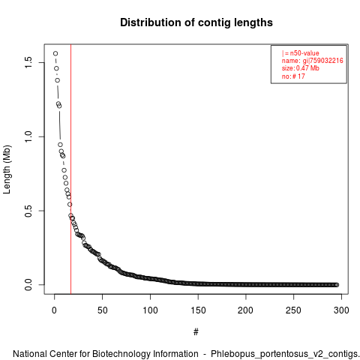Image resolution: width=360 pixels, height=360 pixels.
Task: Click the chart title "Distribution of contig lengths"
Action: coord(196,22)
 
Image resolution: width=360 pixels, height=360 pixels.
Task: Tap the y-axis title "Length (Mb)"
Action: coord(7,169)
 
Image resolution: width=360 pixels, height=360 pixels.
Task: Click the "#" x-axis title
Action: coord(196,332)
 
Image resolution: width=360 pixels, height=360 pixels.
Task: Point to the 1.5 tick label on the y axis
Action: coord(28,62)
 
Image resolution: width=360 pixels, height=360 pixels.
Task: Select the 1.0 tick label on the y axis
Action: coord(28,136)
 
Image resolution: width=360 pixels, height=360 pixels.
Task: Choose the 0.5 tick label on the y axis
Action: coord(28,211)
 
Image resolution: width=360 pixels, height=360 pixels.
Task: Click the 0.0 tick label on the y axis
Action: coord(28,284)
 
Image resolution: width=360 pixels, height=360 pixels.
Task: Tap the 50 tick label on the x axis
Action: coord(102,310)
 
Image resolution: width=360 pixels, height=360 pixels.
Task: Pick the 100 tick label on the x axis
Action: coord(150,310)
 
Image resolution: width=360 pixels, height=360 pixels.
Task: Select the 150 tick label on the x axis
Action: coord(198,310)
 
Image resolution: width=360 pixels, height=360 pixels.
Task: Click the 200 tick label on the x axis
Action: coord(246,310)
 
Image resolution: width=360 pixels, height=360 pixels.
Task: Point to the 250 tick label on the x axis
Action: coord(293,310)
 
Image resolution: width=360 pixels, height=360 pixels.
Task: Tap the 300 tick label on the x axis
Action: coord(341,310)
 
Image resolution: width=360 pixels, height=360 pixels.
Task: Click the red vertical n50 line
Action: coord(71,169)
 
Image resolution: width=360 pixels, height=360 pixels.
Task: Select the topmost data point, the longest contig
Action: coord(55,53)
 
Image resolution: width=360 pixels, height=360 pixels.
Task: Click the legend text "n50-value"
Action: coord(304,53)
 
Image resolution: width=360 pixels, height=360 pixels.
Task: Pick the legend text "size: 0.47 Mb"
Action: coord(301,68)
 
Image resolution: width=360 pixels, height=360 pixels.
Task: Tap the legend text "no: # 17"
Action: coord(293,76)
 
